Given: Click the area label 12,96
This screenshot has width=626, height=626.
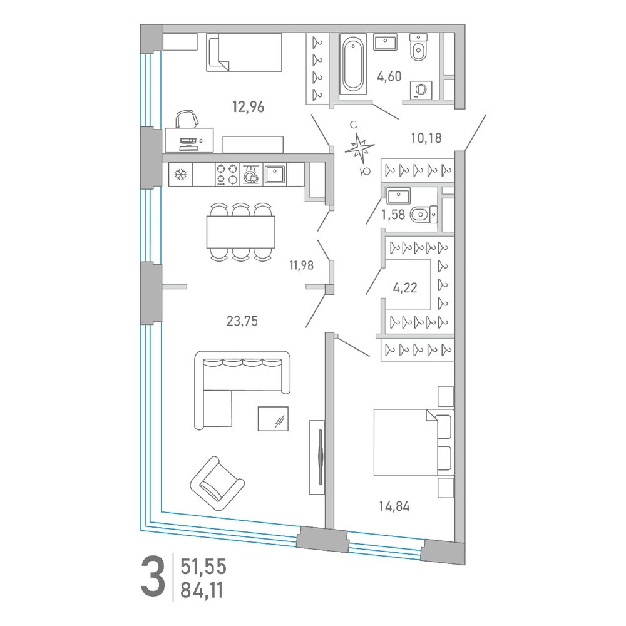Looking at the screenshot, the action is (x=249, y=107).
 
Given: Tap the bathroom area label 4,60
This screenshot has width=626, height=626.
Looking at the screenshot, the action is (x=389, y=76).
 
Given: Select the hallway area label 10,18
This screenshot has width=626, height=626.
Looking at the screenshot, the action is (x=426, y=138).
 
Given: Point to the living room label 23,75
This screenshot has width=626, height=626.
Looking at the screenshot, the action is (x=242, y=321).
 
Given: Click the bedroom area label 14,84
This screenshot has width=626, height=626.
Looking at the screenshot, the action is (x=394, y=506).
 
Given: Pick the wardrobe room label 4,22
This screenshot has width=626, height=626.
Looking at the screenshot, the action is (x=405, y=287).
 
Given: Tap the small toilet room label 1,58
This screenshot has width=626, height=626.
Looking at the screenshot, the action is (x=393, y=215).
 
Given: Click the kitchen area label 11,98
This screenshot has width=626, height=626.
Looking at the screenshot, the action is (x=302, y=265).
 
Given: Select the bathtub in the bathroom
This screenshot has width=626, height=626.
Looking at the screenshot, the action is (x=353, y=64).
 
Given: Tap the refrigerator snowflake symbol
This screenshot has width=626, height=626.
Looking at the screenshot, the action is (x=181, y=175).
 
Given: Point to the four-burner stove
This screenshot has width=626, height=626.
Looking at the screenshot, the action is (x=227, y=175).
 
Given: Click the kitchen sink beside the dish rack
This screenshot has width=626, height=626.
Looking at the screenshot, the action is (x=275, y=174).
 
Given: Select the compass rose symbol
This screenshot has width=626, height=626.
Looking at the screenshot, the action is (x=360, y=148).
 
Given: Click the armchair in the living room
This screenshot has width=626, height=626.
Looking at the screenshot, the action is (x=217, y=484).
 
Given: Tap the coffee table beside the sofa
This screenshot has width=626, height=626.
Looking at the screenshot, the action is (x=273, y=419).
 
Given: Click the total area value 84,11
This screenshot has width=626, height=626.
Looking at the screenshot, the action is (x=202, y=590).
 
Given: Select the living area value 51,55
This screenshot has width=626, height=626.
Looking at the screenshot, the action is (x=203, y=567).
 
